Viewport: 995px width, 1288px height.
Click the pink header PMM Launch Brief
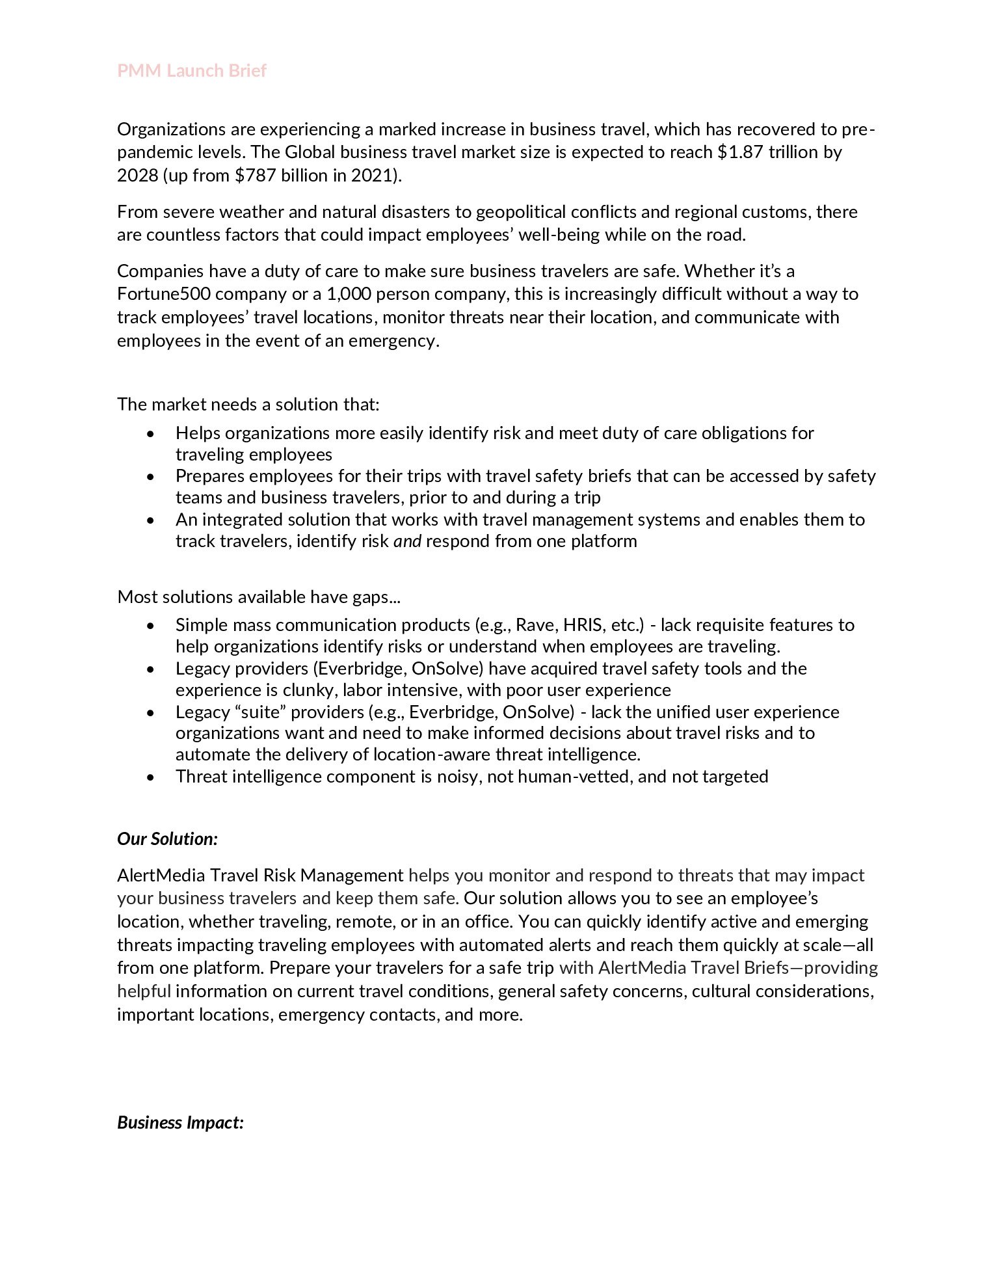[192, 71]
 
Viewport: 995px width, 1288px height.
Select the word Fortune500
[163, 294]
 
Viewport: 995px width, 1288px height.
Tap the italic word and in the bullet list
[408, 541]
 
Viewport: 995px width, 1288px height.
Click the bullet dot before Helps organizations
[151, 434]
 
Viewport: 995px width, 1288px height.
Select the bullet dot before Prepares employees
[151, 477]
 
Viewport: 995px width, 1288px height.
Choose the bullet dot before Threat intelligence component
[151, 777]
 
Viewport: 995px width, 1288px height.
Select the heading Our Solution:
[167, 839]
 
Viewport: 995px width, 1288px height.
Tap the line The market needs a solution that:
[248, 405]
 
